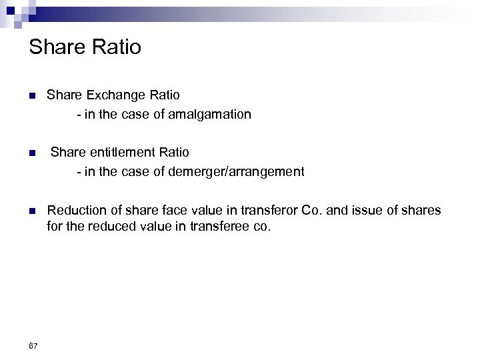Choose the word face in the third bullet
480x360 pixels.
point(164,211)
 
